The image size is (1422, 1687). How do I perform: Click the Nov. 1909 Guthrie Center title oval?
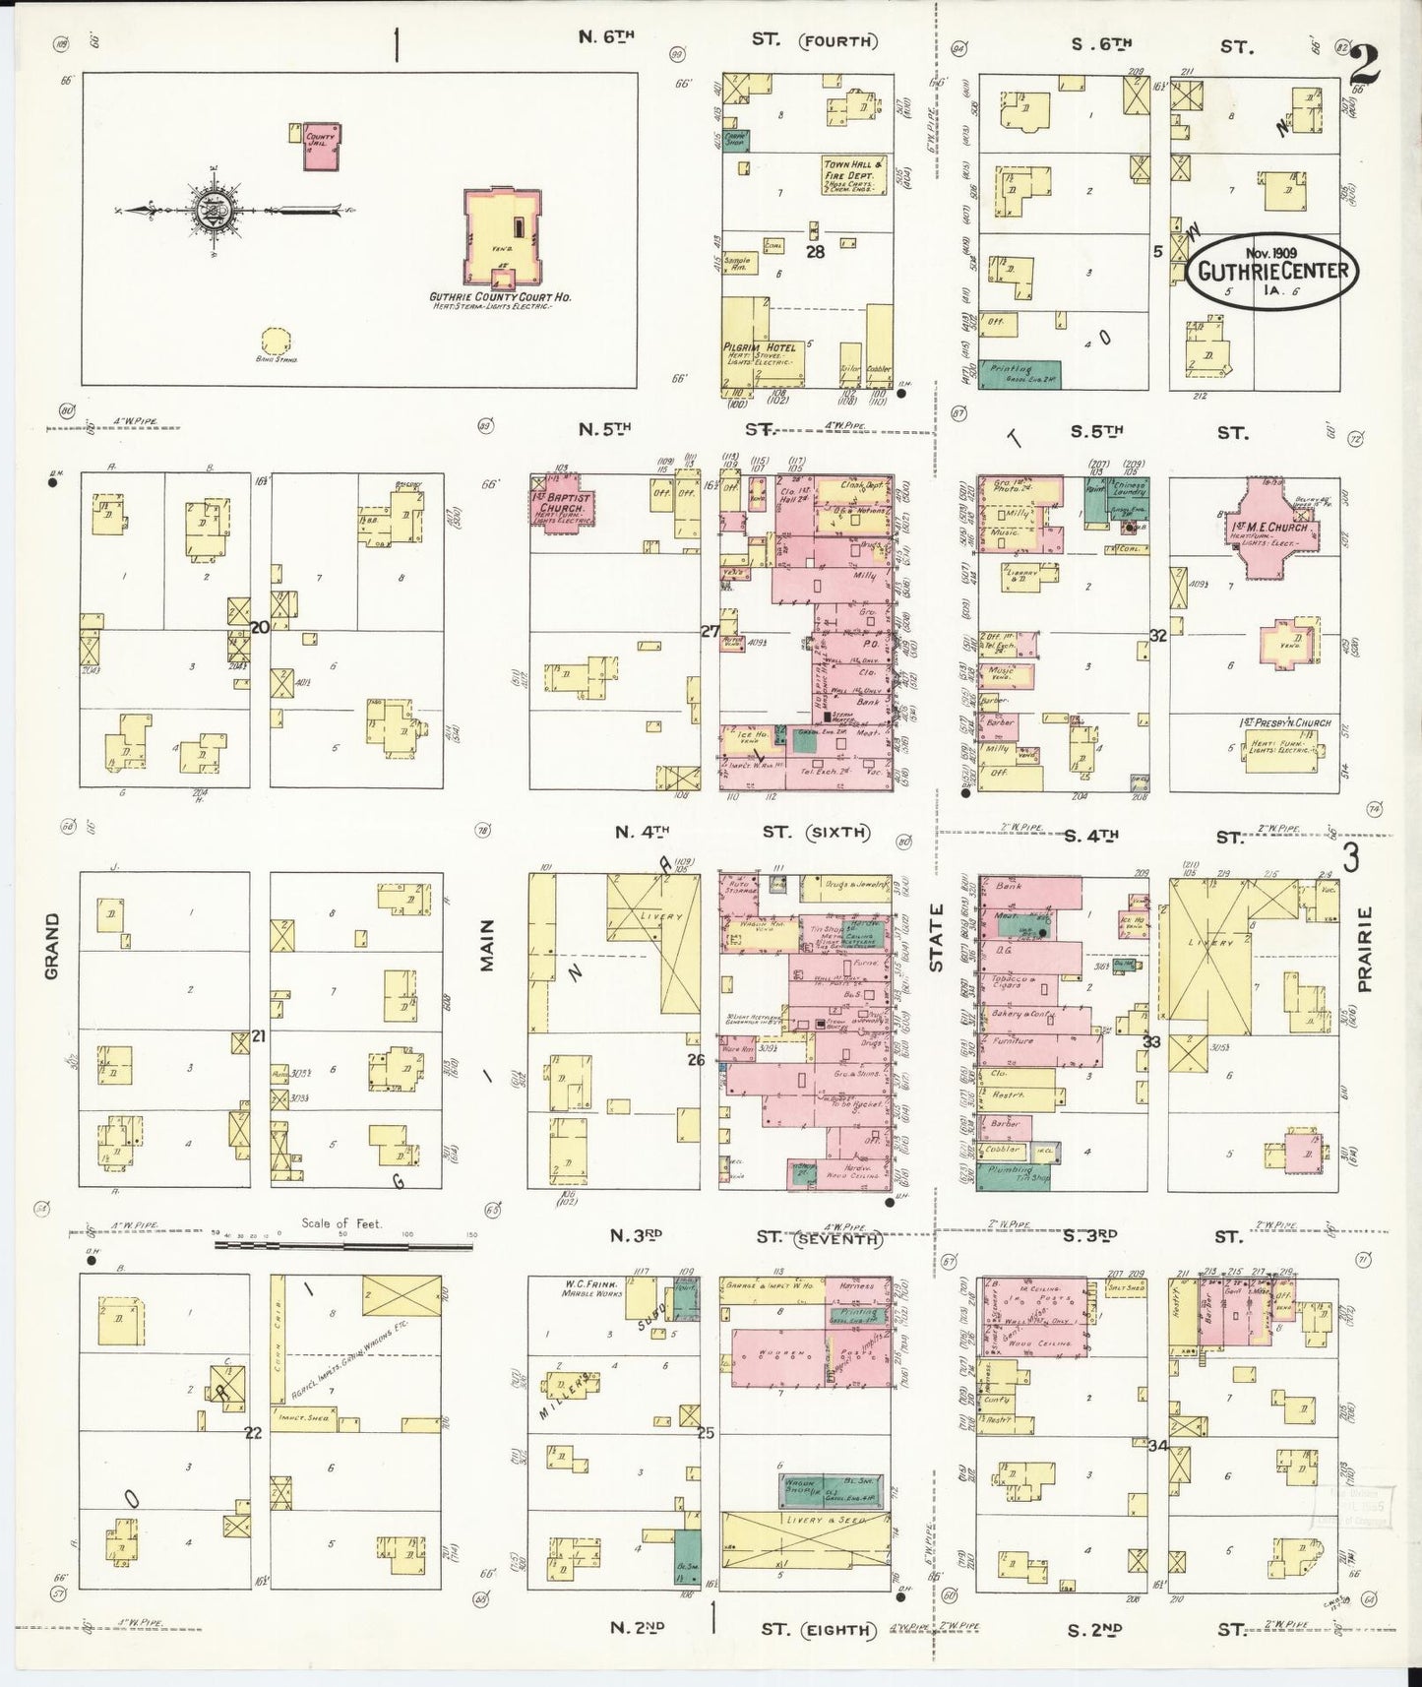coord(1270,270)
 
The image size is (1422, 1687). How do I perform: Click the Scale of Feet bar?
coord(343,1245)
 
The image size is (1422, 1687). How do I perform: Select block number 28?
coord(814,251)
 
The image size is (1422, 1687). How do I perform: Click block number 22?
coord(253,1433)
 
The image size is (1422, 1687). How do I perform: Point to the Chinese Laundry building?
coord(1129,496)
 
